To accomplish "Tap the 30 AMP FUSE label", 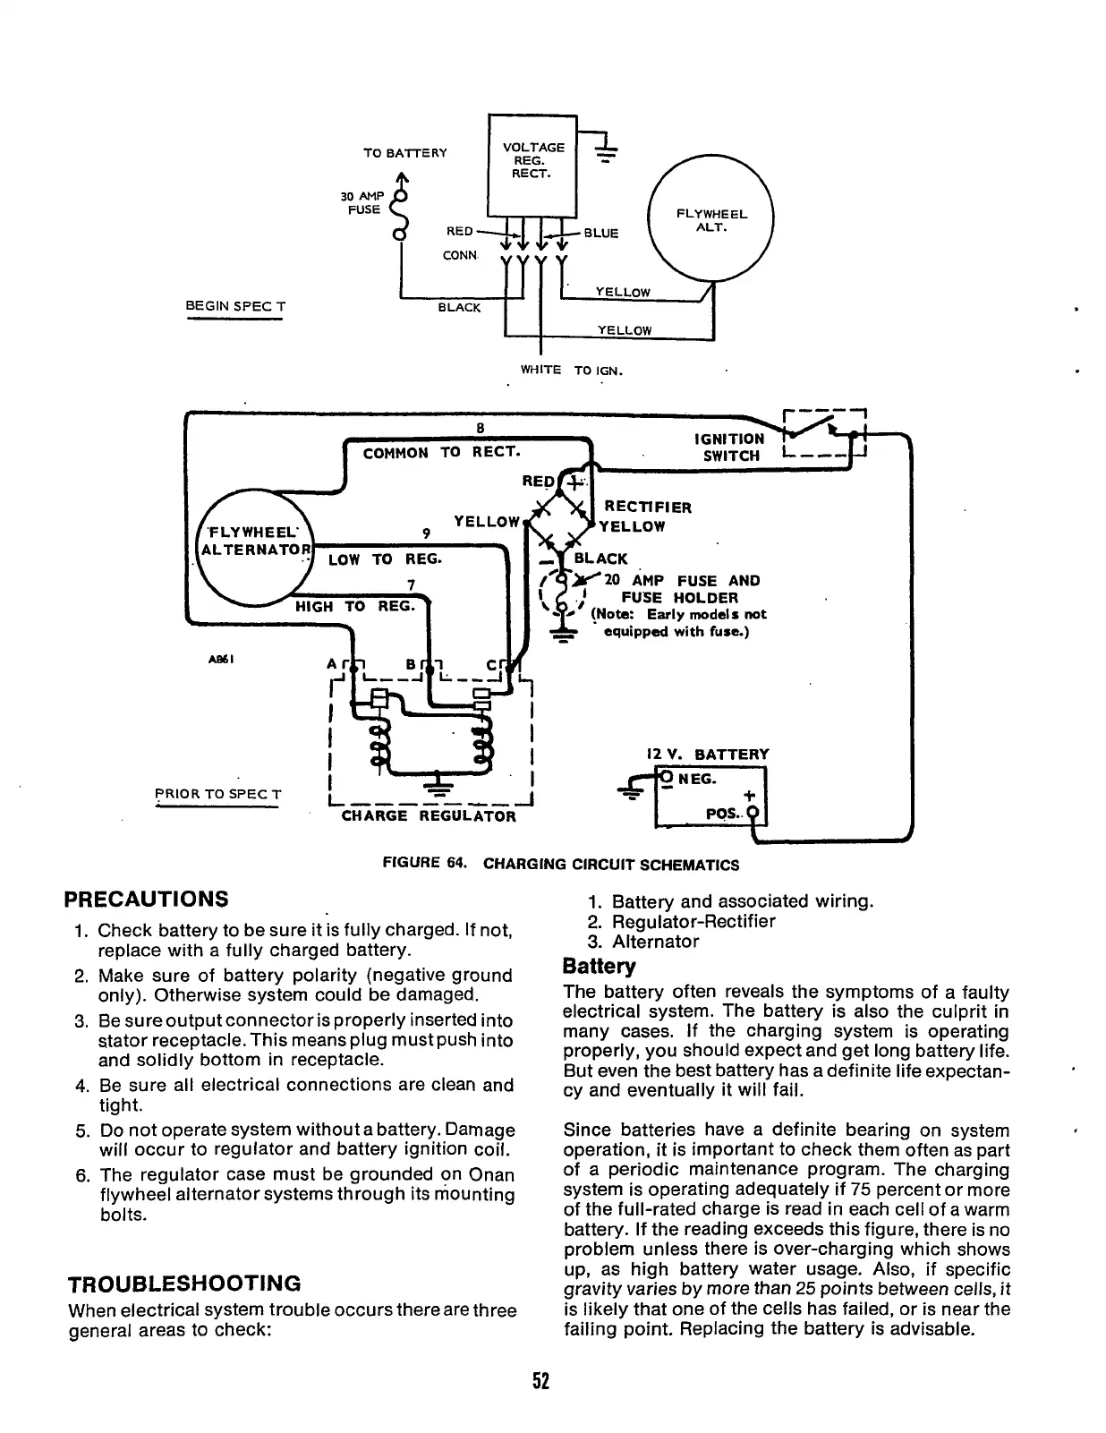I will [x=362, y=203].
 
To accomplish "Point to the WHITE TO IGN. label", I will [x=571, y=370].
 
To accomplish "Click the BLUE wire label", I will [x=600, y=234].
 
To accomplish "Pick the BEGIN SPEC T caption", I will [x=234, y=306].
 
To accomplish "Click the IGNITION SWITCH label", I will [x=729, y=447].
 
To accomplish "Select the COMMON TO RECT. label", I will [x=441, y=452].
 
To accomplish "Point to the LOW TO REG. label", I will [x=385, y=559].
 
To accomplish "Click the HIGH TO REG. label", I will [x=355, y=606].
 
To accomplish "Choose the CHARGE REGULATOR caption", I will [x=429, y=816].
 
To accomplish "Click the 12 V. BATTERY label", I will [x=707, y=755].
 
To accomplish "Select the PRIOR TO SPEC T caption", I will [x=217, y=794].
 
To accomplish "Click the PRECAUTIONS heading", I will [x=148, y=899].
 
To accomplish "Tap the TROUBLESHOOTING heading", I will [x=184, y=1284].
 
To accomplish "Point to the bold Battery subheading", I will [x=599, y=967].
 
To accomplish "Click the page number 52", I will [x=540, y=1381].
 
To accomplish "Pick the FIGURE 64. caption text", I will [x=560, y=865].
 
